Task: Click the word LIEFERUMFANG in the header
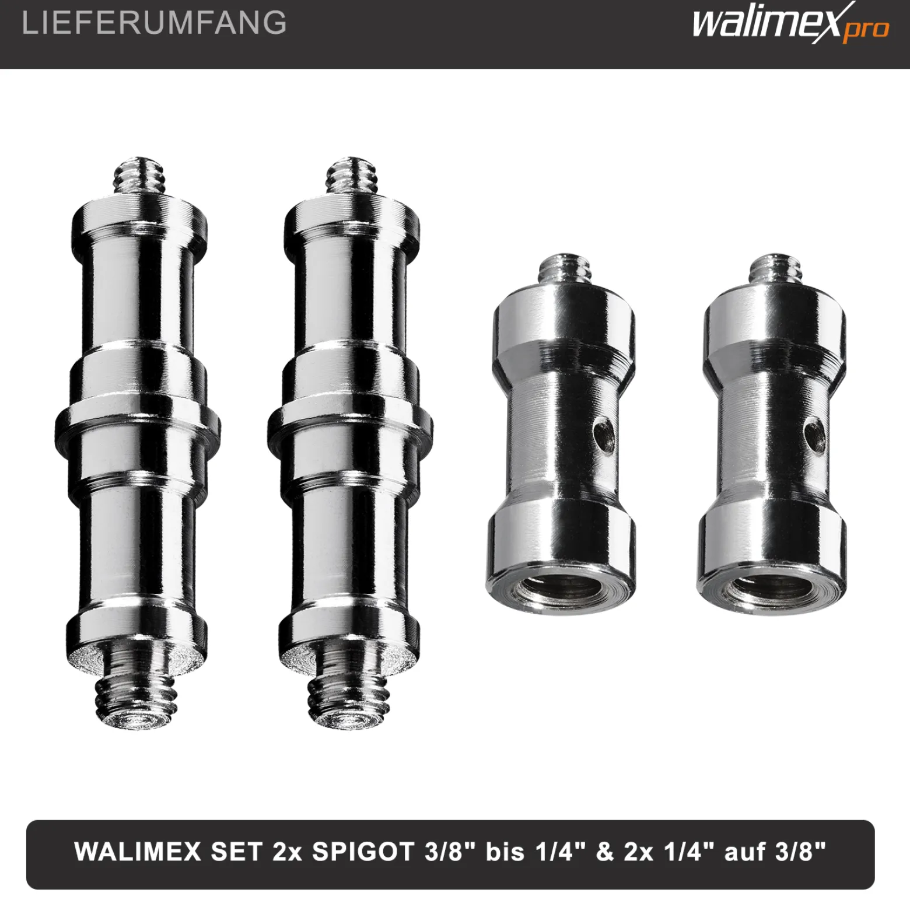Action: (154, 23)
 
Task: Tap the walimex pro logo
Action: (790, 24)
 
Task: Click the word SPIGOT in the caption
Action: (363, 852)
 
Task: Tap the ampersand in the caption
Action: (605, 852)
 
